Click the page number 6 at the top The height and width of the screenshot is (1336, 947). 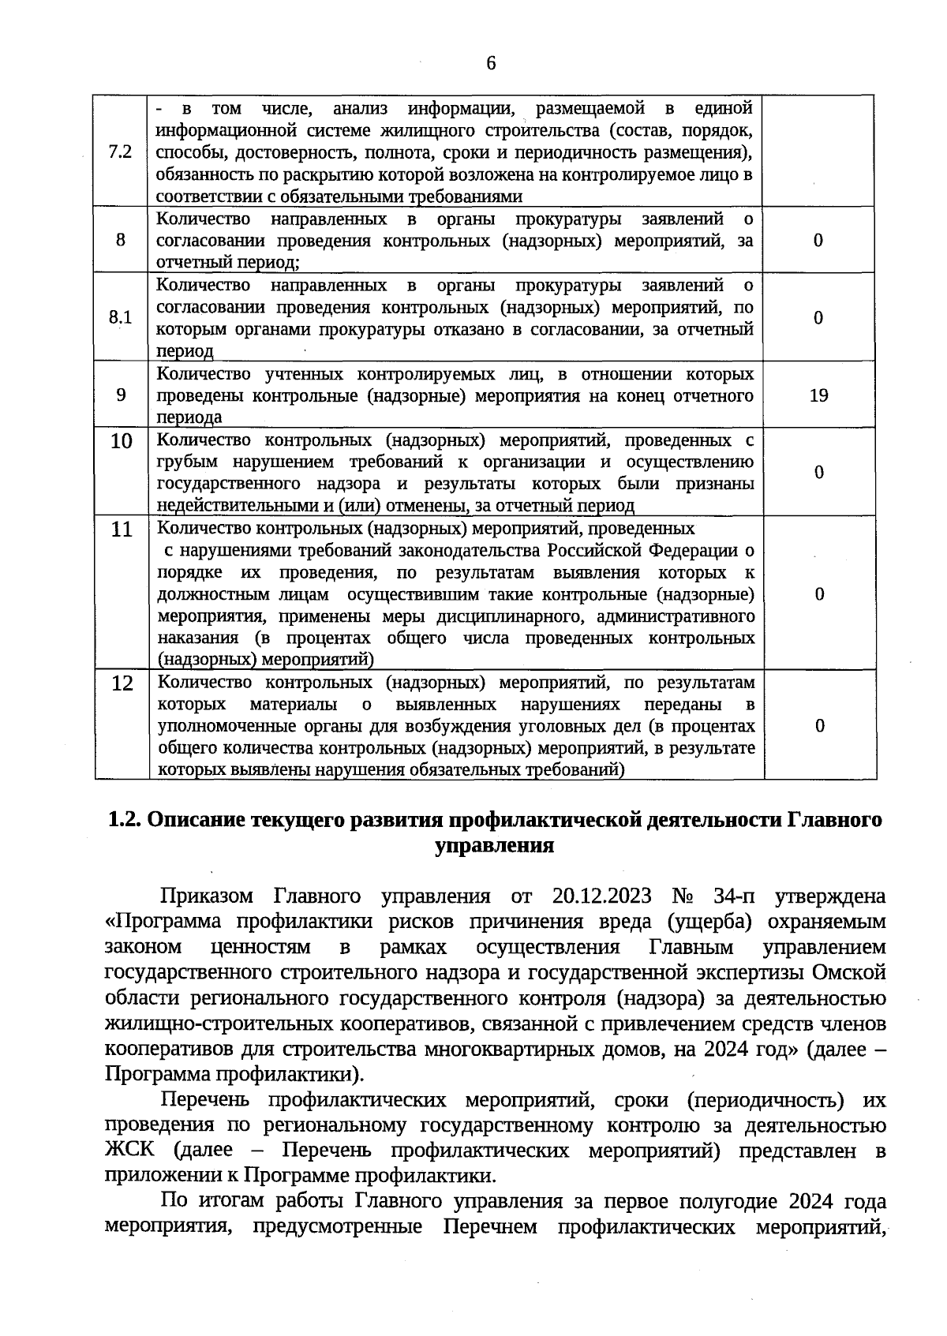[491, 63]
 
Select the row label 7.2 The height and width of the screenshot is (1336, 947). [121, 152]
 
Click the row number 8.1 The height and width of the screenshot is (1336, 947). [121, 317]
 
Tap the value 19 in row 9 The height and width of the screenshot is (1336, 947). [818, 395]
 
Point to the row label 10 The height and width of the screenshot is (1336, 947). [121, 441]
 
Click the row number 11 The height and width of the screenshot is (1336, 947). [122, 530]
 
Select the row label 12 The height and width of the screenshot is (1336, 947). [122, 683]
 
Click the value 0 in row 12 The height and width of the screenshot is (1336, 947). [820, 726]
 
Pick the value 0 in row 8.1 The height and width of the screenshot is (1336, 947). [818, 317]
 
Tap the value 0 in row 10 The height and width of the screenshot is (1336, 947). [819, 472]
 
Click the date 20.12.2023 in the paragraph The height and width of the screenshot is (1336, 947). [602, 896]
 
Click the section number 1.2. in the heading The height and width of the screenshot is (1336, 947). [124, 820]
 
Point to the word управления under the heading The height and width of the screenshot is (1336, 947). [495, 846]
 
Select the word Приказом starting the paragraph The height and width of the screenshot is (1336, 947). [206, 896]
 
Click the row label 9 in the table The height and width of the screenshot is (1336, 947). [121, 395]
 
